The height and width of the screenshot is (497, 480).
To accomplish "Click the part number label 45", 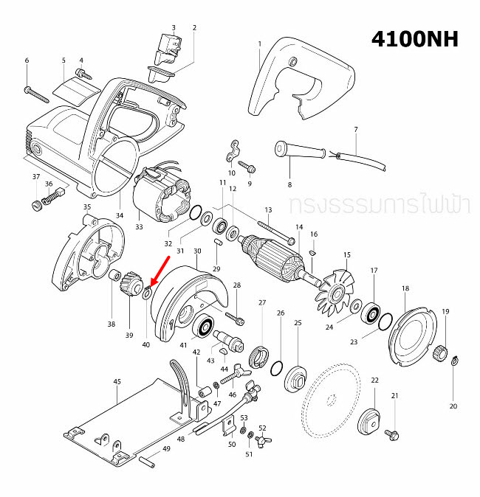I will click(117, 382).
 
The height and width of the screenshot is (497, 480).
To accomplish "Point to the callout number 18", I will click(405, 288).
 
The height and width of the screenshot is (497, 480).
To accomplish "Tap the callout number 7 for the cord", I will click(355, 130).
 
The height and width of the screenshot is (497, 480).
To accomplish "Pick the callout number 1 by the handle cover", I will click(260, 44).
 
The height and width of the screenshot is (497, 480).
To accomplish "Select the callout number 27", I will click(261, 303).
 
